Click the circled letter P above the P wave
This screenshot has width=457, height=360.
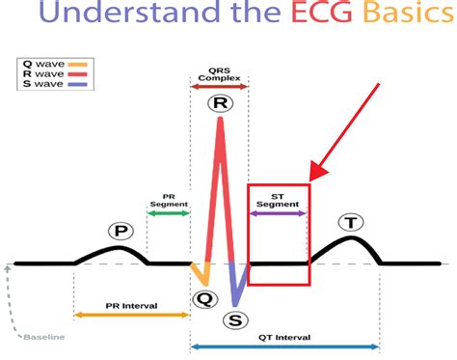pyautogui.click(x=121, y=232)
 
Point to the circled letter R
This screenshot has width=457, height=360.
pyautogui.click(x=221, y=103)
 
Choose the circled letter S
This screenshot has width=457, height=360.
pyautogui.click(x=234, y=320)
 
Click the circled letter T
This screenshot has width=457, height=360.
pyautogui.click(x=352, y=223)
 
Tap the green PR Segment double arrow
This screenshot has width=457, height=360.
pyautogui.click(x=169, y=212)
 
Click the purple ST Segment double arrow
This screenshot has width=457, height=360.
pyautogui.click(x=278, y=212)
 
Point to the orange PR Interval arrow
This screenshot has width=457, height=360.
pyautogui.click(x=131, y=315)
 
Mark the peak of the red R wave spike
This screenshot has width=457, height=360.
pyautogui.click(x=222, y=118)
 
